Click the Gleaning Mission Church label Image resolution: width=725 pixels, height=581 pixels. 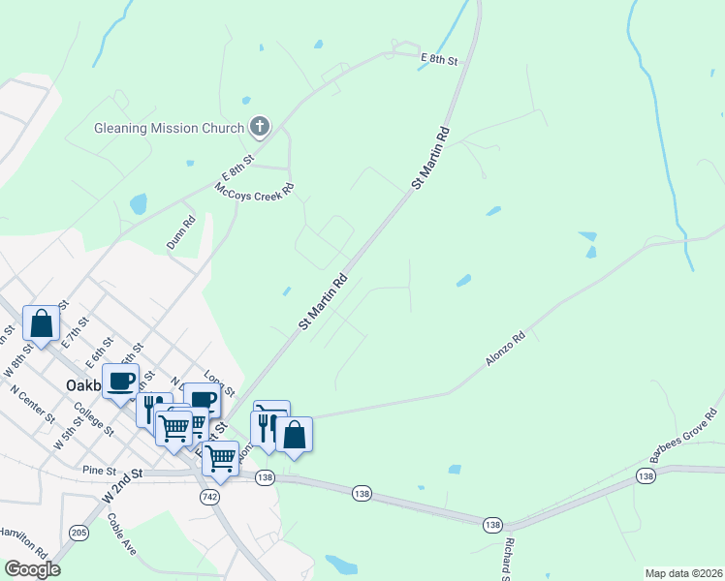point(170,128)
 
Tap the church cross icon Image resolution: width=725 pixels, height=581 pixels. point(259,126)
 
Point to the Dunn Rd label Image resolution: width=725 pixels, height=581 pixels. point(181,232)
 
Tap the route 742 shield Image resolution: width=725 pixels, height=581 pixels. point(211,496)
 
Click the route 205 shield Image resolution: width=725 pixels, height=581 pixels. point(79,532)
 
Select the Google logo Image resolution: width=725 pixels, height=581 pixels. point(32,569)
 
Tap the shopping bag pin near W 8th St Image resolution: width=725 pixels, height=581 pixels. point(42,323)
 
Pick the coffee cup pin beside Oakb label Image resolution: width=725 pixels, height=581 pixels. point(121,381)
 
